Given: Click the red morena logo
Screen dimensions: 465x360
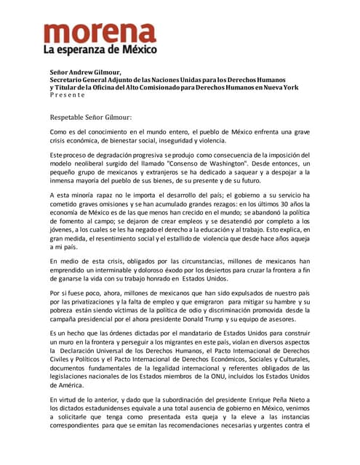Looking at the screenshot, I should [x=99, y=33].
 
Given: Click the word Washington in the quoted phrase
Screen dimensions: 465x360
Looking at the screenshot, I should [x=225, y=164].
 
